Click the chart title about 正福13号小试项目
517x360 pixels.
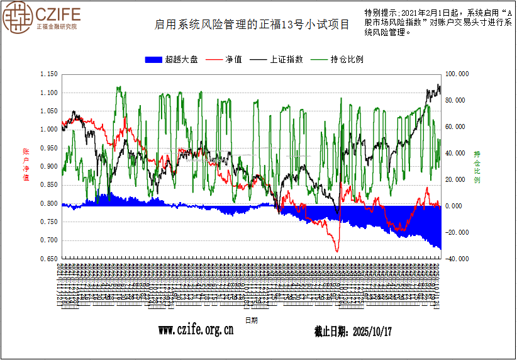[x=252, y=25]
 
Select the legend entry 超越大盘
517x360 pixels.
[x=171, y=60]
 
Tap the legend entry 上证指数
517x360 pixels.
[x=277, y=60]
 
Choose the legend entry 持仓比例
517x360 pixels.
[x=337, y=60]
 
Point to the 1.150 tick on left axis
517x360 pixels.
[x=48, y=74]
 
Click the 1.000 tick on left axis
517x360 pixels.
[x=48, y=130]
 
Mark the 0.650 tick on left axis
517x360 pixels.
[x=48, y=259]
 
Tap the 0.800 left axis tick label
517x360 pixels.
[x=48, y=203]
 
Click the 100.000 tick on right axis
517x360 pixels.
[x=457, y=74]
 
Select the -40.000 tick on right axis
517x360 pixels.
[x=457, y=259]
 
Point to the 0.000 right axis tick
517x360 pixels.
[x=453, y=206]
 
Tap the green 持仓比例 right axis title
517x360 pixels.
[x=477, y=166]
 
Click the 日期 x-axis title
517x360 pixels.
[x=251, y=320]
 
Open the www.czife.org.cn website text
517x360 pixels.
[x=195, y=330]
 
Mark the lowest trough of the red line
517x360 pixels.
[x=337, y=252]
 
